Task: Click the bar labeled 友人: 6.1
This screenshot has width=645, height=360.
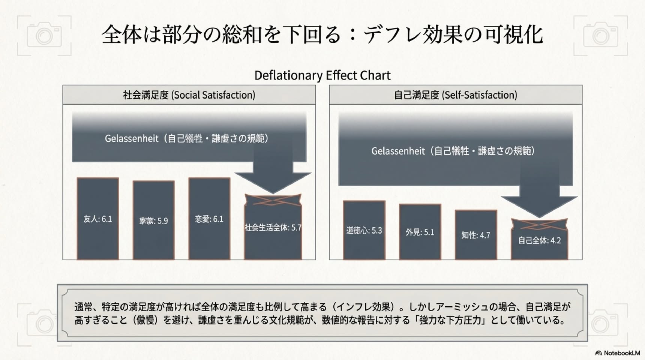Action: [97, 219]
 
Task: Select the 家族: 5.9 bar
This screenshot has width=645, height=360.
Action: [153, 220]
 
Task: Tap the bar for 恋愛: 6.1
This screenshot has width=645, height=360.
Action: [209, 219]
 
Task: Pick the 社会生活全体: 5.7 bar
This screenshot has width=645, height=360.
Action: [273, 227]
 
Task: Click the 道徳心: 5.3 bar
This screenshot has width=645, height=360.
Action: [364, 230]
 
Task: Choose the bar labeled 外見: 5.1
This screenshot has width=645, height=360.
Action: [420, 232]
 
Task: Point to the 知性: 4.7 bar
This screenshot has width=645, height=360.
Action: [476, 235]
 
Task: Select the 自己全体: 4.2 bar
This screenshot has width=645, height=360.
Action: [539, 240]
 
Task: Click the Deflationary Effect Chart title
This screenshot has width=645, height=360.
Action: [322, 75]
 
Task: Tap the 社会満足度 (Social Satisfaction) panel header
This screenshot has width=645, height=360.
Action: [189, 95]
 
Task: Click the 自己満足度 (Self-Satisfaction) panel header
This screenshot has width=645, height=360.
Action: [456, 95]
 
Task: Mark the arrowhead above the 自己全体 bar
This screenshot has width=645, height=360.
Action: [539, 207]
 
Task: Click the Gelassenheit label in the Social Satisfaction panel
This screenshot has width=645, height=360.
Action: [187, 138]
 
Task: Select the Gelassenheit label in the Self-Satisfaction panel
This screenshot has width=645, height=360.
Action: [453, 151]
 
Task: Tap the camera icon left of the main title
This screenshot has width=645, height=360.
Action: [44, 36]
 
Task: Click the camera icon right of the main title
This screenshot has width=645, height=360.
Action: [601, 36]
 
